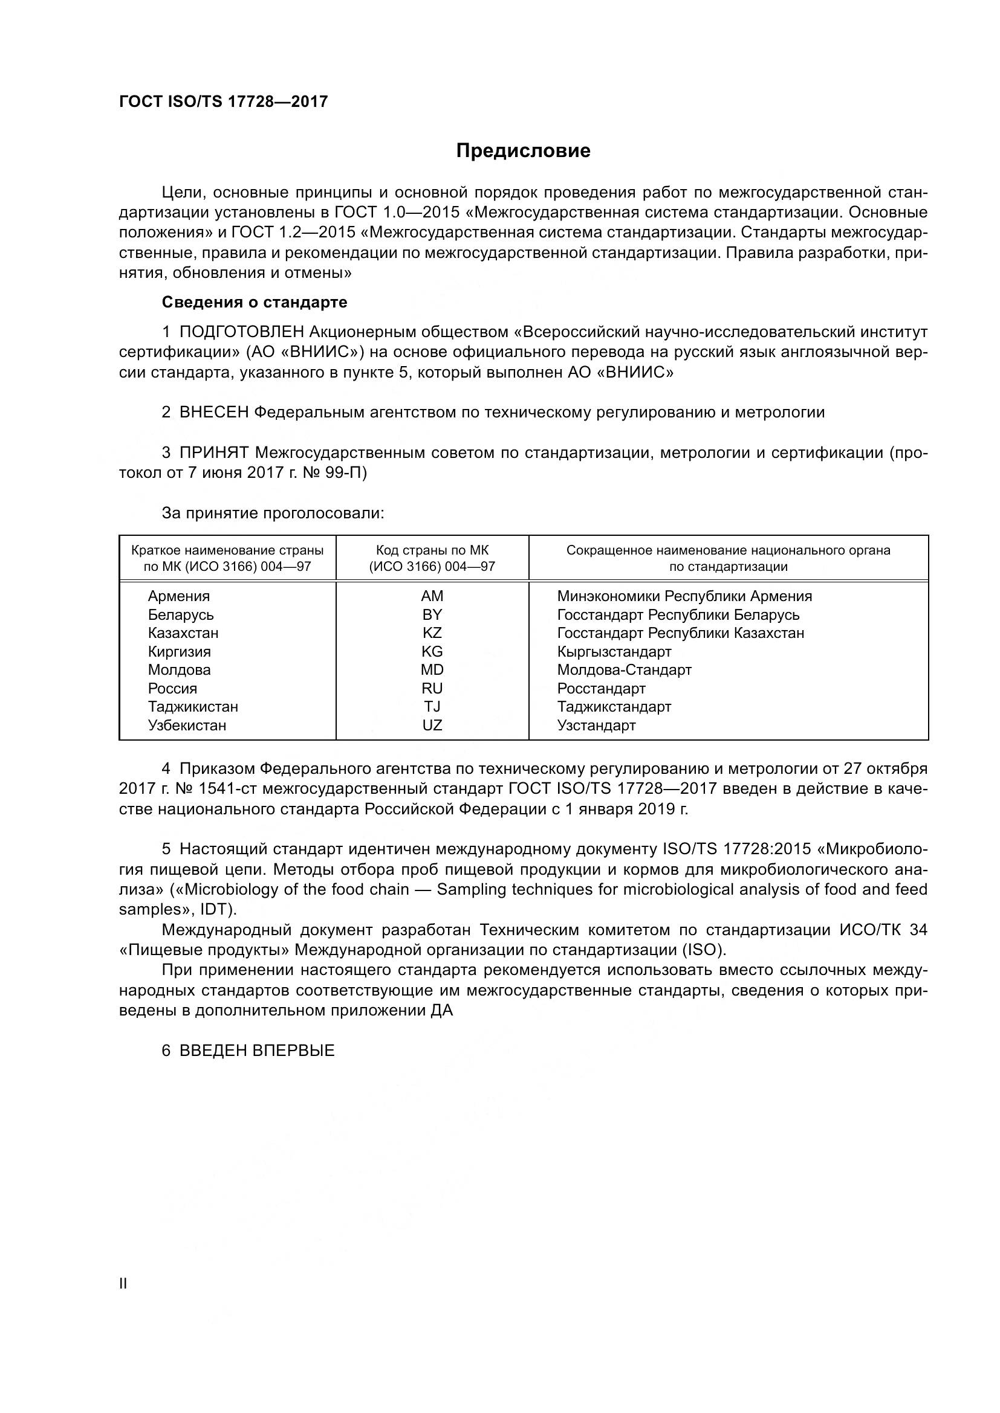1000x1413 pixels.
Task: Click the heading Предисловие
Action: click(523, 151)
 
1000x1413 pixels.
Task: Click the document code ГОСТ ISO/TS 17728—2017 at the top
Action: click(223, 101)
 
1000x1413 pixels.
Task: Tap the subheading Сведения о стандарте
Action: click(255, 302)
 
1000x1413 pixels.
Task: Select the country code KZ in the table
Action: click(432, 633)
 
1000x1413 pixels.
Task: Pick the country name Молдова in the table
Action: click(178, 669)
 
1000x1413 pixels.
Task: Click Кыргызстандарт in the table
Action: click(614, 652)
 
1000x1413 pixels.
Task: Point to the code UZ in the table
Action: click(432, 726)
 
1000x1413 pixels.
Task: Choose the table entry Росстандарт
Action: click(601, 689)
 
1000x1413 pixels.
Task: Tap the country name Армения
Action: click(178, 596)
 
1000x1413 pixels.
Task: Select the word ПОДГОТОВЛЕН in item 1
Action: click(241, 332)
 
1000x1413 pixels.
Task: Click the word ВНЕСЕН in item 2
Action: click(213, 413)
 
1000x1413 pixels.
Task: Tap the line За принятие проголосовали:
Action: click(273, 513)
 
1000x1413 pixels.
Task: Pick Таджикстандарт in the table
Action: click(614, 707)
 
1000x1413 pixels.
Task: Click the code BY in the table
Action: click(432, 615)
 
